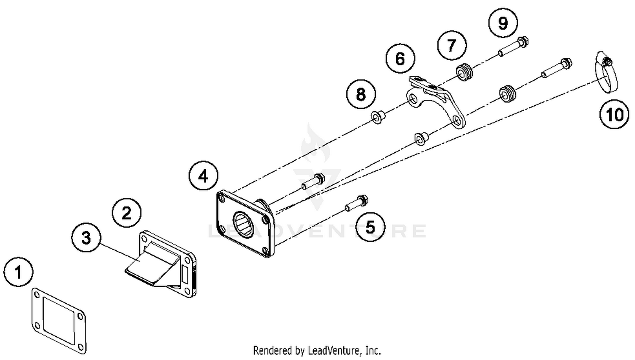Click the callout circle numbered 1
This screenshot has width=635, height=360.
pyautogui.click(x=18, y=272)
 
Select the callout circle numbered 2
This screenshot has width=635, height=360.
pyautogui.click(x=127, y=213)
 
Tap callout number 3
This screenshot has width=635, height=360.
pyautogui.click(x=86, y=238)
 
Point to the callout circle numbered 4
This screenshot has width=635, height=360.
pyautogui.click(x=204, y=176)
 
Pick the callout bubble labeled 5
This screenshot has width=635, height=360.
pyautogui.click(x=370, y=227)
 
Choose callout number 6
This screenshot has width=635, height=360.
pyautogui.click(x=400, y=58)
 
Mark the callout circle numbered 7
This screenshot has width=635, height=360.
pyautogui.click(x=452, y=45)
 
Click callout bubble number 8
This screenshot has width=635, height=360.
pyautogui.click(x=361, y=94)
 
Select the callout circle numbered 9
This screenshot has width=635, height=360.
pyautogui.click(x=502, y=23)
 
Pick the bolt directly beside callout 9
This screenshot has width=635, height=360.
pyautogui.click(x=514, y=47)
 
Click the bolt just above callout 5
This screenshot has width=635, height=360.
pyautogui.click(x=356, y=203)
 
